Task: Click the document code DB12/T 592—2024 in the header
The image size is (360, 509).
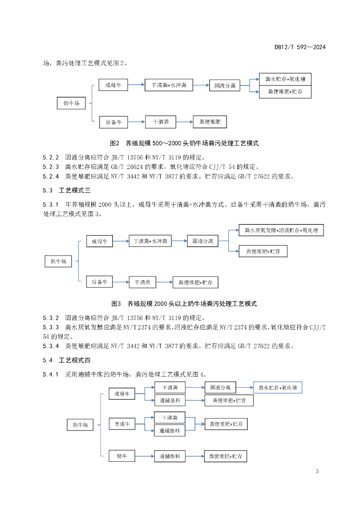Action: coord(300,48)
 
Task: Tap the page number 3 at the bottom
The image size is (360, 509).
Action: coord(317,471)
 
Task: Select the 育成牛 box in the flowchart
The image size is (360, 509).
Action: coord(122,424)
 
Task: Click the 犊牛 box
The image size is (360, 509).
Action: coord(122,455)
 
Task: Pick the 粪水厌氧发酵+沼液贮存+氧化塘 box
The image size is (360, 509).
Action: coord(281,230)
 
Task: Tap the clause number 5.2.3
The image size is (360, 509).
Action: coord(51,167)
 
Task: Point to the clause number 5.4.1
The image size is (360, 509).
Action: coord(51,374)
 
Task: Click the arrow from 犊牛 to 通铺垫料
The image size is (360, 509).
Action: coord(145,455)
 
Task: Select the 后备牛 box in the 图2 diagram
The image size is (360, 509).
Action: coord(114,121)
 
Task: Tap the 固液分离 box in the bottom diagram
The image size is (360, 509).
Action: coord(220,387)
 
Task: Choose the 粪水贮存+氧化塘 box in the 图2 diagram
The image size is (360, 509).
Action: coord(285,79)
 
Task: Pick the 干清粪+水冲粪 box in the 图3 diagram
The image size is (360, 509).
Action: coord(150,241)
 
